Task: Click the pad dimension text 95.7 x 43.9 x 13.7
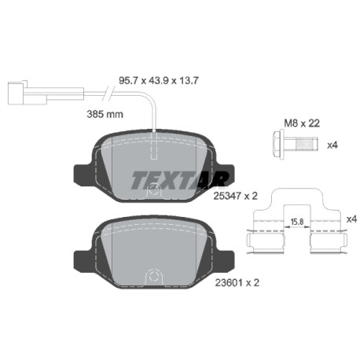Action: pos(158,80)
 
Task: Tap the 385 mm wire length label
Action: pos(105,114)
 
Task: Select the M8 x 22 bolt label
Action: pos(302,123)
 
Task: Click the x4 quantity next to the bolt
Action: pos(332,145)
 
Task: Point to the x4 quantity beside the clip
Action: pos(351,219)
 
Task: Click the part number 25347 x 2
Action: pos(236,196)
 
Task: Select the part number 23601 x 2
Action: pos(237,282)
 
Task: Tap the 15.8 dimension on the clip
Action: pos(297,222)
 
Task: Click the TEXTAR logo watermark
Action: pos(179,180)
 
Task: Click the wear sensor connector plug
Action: pos(28,93)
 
